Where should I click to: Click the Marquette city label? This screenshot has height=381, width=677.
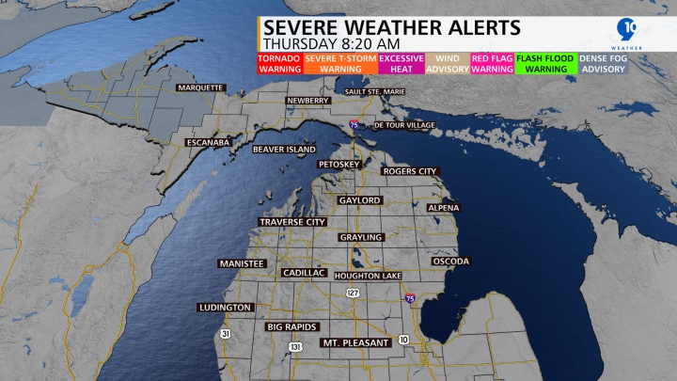(x=199, y=87)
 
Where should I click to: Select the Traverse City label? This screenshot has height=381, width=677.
(x=292, y=222)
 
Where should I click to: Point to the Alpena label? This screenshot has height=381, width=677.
(x=444, y=207)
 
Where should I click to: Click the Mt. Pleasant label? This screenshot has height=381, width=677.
(x=355, y=342)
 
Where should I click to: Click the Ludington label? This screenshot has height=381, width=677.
(x=226, y=308)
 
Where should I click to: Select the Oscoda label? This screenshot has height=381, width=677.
(x=450, y=261)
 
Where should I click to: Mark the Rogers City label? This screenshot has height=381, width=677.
(x=410, y=171)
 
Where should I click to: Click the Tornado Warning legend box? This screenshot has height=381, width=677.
(x=278, y=63)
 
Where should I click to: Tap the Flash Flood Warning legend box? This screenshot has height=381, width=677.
(x=545, y=63)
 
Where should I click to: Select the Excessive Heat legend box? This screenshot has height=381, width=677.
(x=401, y=63)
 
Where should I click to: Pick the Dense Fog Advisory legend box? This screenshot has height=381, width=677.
(x=603, y=63)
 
